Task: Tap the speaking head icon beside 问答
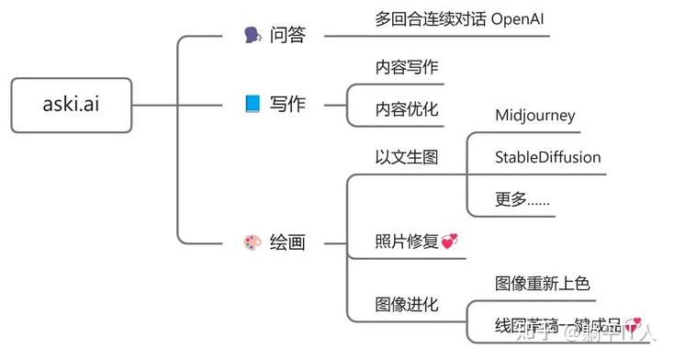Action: pos(253,36)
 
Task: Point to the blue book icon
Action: pos(253,104)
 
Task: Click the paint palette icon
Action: pos(253,243)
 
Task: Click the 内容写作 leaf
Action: pos(407,67)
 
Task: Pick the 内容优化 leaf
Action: pos(407,109)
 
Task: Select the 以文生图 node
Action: pos(407,157)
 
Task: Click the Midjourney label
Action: pos(534,115)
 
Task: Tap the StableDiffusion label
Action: pos(547,157)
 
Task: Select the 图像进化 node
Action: pos(407,304)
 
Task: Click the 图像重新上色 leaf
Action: pos(542,282)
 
